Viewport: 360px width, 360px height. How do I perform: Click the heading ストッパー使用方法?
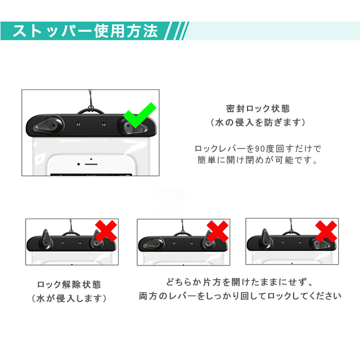(85, 31)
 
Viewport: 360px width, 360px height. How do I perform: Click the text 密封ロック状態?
(258, 109)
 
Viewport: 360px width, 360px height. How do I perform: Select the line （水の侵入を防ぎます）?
(258, 122)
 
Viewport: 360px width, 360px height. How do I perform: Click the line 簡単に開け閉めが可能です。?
(257, 160)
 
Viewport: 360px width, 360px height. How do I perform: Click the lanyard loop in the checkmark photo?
(90, 111)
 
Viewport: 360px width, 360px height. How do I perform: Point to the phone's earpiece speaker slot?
(91, 164)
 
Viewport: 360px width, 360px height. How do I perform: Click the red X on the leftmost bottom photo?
(106, 231)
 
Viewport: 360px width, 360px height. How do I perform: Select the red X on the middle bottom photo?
(218, 231)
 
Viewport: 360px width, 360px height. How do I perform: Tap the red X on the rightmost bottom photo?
(326, 231)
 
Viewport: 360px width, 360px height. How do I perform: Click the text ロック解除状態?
(69, 285)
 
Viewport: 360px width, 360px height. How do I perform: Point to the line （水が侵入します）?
(69, 299)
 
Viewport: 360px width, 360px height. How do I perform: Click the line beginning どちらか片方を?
(240, 282)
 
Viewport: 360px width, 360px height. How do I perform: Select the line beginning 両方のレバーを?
(240, 296)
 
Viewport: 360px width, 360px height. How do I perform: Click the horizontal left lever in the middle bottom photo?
(153, 244)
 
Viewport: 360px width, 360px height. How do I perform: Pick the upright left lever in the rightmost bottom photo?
(265, 239)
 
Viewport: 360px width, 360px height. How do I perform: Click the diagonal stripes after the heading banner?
(177, 31)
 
